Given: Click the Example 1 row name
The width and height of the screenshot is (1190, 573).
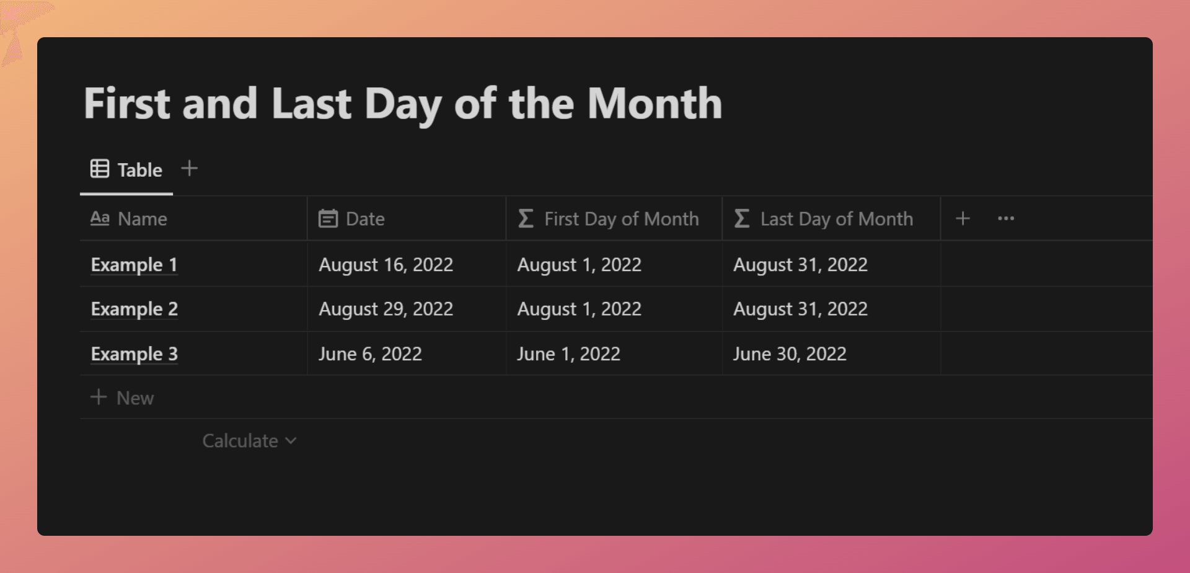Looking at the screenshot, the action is pos(134,265).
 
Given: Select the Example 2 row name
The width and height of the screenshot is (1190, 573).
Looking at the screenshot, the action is pos(134,309).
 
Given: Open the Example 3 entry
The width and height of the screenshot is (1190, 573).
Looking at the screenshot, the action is pos(134,354).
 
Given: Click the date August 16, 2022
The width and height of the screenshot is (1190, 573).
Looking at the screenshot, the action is pos(386,265).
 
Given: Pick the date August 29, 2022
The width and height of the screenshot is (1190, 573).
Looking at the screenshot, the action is pos(386,309).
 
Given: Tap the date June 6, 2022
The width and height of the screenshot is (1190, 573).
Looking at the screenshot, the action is pos(370,354).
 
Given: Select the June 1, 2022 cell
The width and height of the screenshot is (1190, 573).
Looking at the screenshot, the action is pos(568,354).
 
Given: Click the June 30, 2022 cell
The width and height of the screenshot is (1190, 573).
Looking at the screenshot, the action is pos(790,354).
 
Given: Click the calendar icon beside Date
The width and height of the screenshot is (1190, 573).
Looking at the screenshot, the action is pos(328,218).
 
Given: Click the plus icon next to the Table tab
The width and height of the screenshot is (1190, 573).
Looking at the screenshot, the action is pos(190,168).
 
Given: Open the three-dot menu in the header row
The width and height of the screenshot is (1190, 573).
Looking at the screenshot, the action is pos(1006,218).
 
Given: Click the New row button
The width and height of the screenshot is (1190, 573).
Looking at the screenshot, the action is pos(122,398).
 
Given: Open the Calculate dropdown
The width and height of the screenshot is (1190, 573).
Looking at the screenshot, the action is pos(249,441).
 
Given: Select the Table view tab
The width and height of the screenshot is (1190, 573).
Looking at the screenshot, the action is pos(126,169).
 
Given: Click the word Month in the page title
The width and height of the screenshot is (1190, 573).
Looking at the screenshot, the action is pos(654,103).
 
